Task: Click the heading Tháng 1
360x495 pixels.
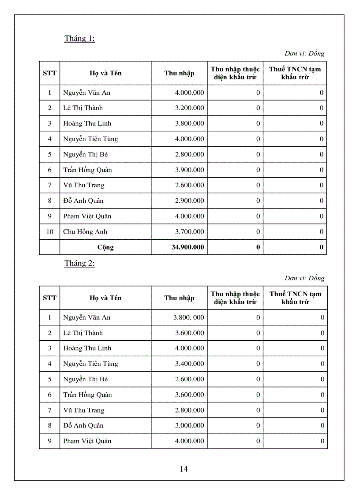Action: pos(79,38)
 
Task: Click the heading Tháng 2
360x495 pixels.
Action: pos(79,263)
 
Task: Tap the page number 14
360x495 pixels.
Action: pos(184,469)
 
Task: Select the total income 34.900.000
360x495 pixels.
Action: pos(187,247)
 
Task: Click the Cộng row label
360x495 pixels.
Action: pos(105,247)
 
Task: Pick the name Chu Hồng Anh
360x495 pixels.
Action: pos(85,231)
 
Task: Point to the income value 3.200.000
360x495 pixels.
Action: pos(189,108)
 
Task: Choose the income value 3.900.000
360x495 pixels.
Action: pos(189,170)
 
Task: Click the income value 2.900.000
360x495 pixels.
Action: pos(189,201)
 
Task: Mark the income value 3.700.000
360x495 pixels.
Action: pos(189,231)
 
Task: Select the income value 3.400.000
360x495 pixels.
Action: pos(189,364)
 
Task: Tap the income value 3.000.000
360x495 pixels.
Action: pos(189,425)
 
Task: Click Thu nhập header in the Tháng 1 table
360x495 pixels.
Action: pos(179,73)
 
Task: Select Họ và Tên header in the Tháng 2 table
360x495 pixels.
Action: pos(105,298)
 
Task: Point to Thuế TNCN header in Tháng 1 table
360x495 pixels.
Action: pos(295,73)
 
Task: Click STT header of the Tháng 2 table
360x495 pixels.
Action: pos(49,298)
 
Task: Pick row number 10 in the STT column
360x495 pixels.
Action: pos(49,231)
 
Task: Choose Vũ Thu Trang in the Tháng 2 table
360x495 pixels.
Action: pos(84,410)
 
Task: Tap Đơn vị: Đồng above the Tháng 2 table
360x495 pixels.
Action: pos(304,278)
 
